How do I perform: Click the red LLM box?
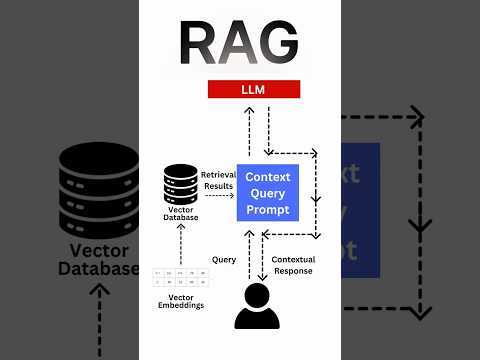coord(253,90)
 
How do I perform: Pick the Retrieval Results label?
coord(217,181)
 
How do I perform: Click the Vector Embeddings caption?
coord(180,299)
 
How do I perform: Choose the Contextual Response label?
coord(293,265)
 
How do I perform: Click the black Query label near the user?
coord(224,259)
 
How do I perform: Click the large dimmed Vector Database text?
coord(98,259)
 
